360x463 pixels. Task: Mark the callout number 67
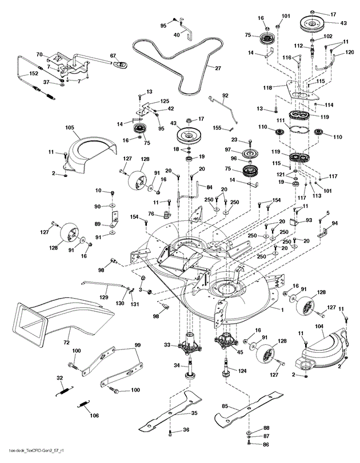coord(113,55)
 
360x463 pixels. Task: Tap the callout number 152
coord(18,74)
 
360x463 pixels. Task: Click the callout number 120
coord(350,52)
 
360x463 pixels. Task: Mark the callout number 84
coord(209,187)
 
